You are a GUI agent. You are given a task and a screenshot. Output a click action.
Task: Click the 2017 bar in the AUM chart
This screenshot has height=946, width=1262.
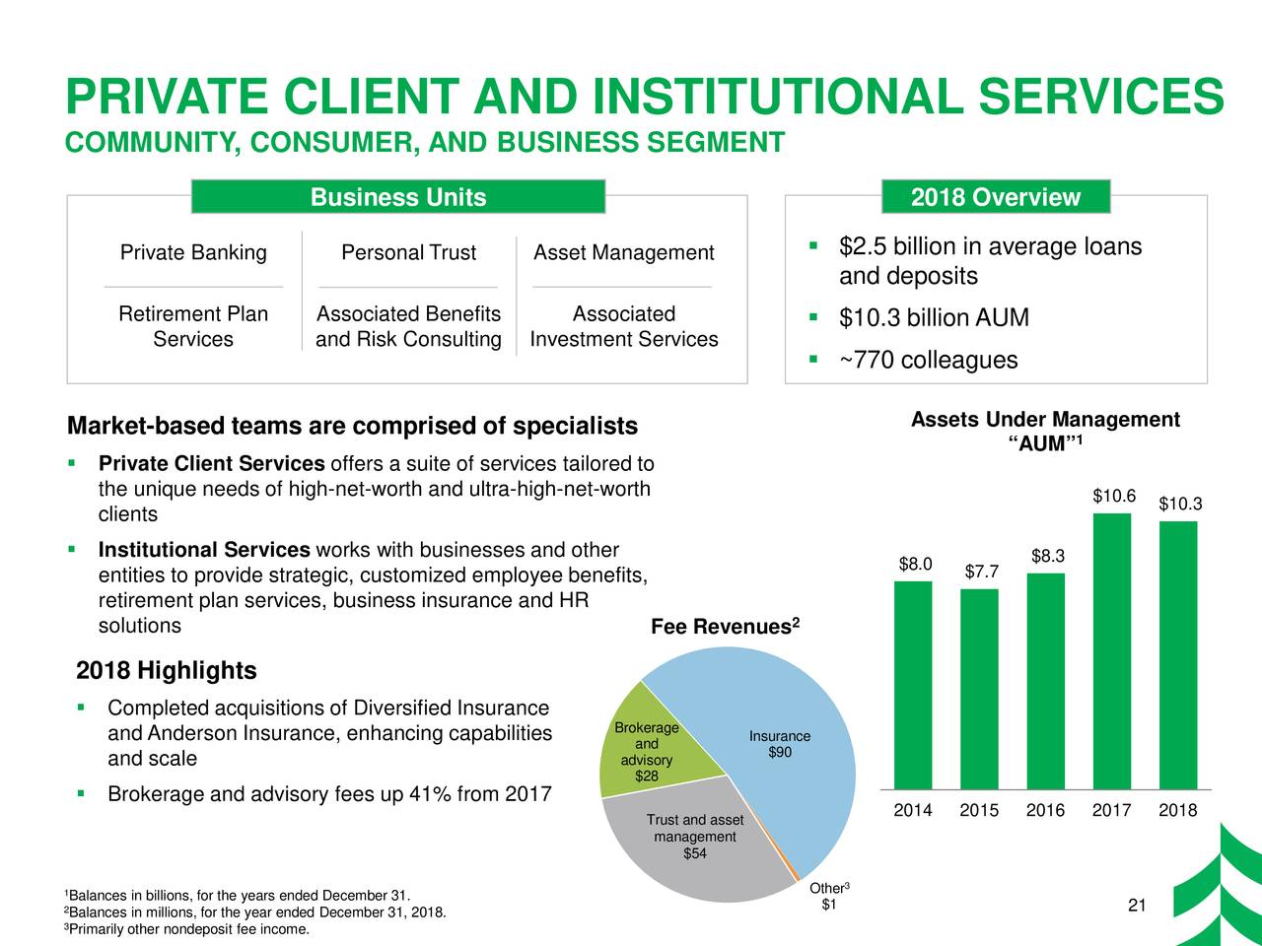coord(1112,650)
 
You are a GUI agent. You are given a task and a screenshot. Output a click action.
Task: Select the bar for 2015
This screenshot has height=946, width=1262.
coord(979,689)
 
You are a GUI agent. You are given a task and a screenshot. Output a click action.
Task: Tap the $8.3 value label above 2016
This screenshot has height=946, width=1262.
coord(1047,557)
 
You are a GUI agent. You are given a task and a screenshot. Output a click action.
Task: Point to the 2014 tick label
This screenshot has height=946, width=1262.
coord(912,811)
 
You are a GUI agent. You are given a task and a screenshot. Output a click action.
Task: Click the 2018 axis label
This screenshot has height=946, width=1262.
coord(1178,811)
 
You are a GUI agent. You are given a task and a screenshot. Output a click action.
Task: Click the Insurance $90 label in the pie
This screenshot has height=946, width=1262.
coord(780,745)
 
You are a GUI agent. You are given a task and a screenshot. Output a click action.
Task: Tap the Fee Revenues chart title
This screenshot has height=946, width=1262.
coord(725,628)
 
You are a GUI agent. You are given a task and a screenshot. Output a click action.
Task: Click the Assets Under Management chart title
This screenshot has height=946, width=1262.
coord(1045,432)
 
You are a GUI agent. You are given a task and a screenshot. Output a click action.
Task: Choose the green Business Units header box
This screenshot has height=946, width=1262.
coord(397,197)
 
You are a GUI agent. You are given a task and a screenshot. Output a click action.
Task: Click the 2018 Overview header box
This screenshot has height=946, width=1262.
coord(996,197)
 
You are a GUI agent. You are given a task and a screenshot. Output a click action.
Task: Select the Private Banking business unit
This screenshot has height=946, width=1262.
coord(193,253)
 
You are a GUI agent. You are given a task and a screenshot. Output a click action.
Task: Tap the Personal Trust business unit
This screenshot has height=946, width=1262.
coord(408,253)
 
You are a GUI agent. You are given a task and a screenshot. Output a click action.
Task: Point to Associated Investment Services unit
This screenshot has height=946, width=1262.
coord(624,326)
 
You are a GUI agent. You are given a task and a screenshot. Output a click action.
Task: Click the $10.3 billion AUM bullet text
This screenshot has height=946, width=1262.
coord(934,318)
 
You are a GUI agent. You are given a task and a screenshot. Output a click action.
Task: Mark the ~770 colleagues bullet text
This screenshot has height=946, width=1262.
coord(928,361)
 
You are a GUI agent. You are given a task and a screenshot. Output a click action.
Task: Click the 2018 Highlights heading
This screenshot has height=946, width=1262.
coord(167,671)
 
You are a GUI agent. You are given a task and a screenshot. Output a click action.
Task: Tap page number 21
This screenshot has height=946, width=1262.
coord(1135,907)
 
